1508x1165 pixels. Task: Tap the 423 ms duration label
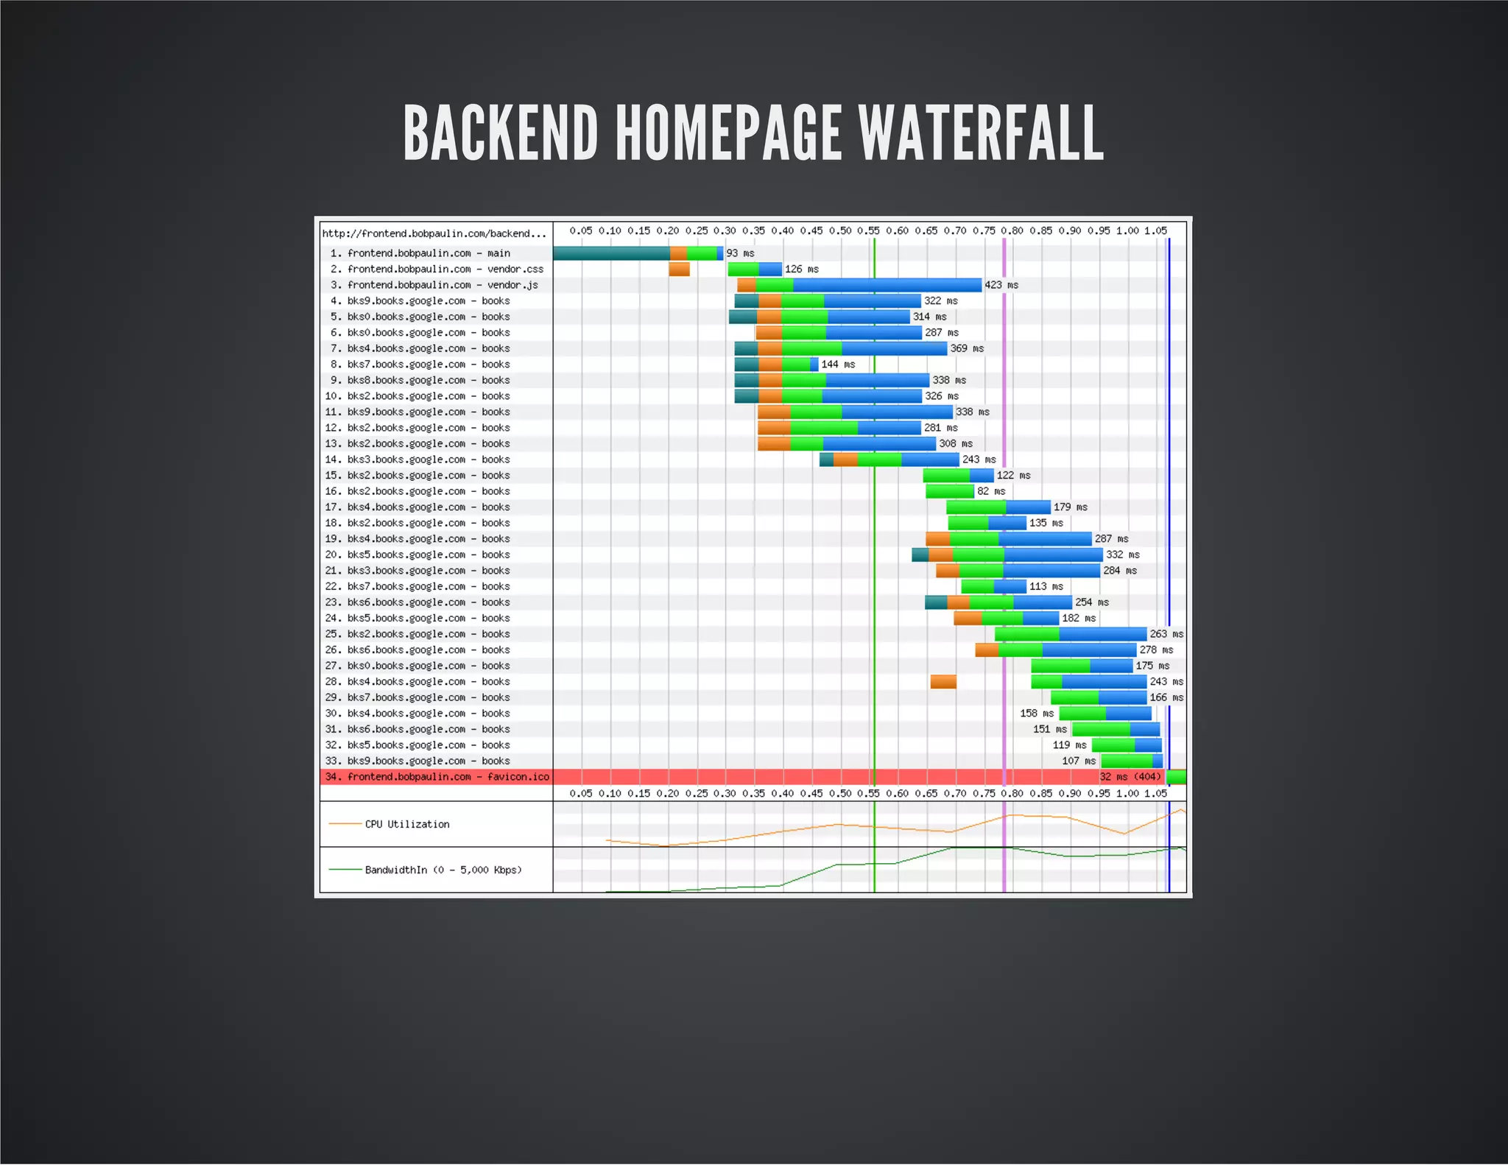[x=1001, y=285]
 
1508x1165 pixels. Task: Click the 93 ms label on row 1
[x=740, y=253]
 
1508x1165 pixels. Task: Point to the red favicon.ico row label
[x=437, y=777]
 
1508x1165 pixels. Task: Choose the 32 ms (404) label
[x=1130, y=777]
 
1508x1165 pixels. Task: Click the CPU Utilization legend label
[x=407, y=825]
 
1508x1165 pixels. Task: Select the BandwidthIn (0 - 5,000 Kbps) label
[x=443, y=870]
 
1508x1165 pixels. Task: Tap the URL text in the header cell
[x=434, y=234]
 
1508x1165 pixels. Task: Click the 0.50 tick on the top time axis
[x=840, y=231]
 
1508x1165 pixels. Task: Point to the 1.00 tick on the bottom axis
[x=1127, y=794]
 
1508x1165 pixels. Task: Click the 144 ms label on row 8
[x=838, y=365]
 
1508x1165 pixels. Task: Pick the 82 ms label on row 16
[x=991, y=491]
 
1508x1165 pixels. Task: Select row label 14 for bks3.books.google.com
[x=417, y=460]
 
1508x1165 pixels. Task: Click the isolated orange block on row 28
[x=943, y=682]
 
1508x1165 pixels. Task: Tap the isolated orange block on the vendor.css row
[x=679, y=270]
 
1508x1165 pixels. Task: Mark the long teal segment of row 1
[x=611, y=253]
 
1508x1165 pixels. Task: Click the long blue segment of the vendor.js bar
[x=887, y=285]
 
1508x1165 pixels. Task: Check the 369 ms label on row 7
[x=967, y=348]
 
